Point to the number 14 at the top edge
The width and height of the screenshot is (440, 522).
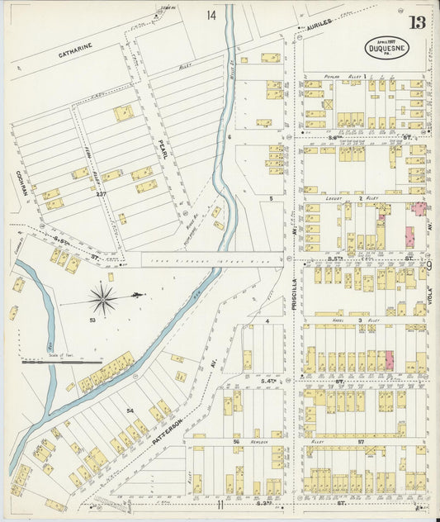click(212, 16)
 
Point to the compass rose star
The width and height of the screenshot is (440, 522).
click(103, 297)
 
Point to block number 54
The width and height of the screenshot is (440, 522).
click(130, 410)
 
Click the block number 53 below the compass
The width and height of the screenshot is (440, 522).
click(93, 319)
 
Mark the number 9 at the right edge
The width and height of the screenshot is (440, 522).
click(429, 265)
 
